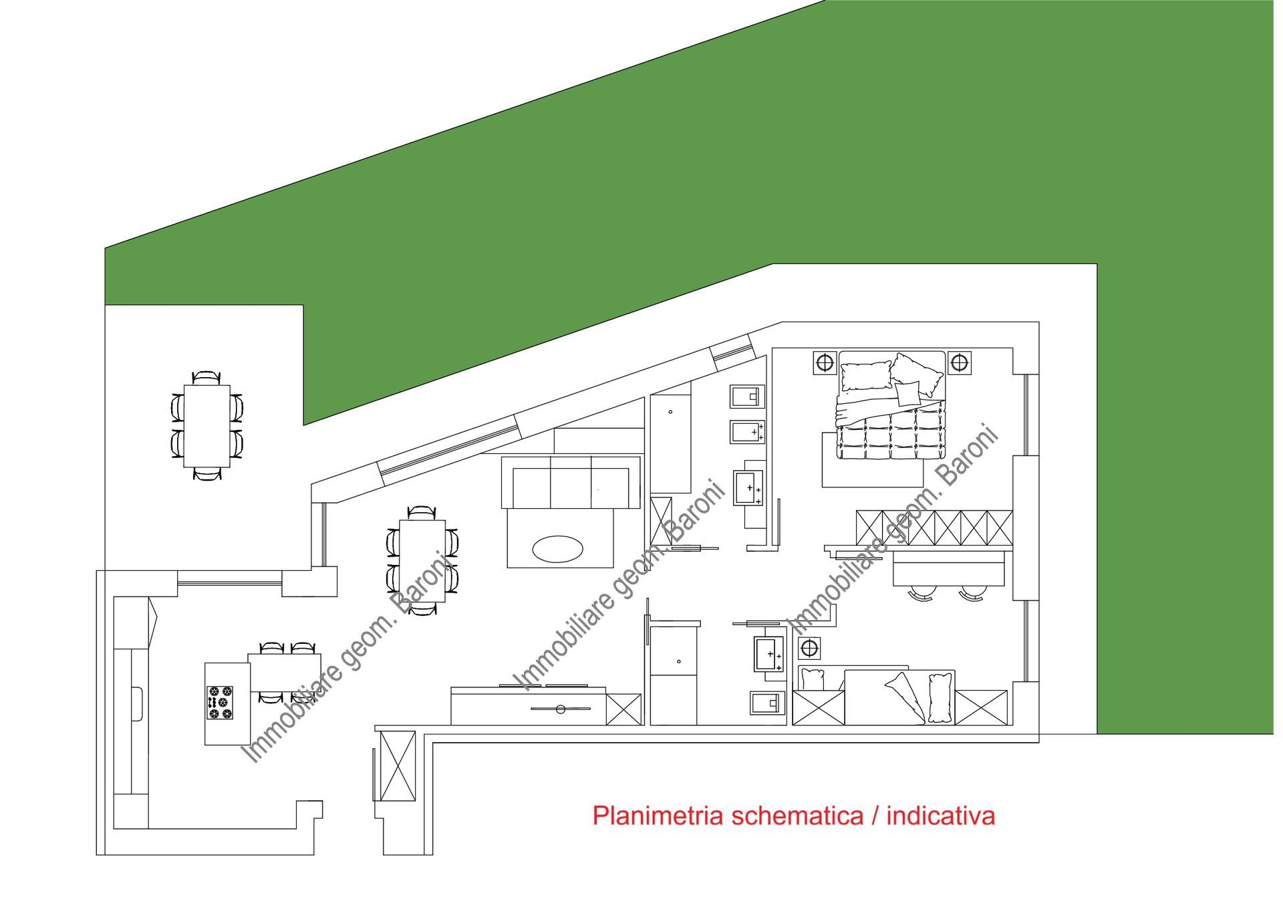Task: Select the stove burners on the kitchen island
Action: click(220, 703)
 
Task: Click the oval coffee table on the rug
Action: click(557, 549)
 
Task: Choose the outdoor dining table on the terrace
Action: click(206, 426)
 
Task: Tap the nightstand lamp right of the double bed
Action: click(959, 362)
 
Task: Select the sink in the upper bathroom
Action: click(748, 487)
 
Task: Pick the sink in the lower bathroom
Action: click(769, 653)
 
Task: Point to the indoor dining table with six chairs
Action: click(422, 560)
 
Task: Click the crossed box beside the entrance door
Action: click(397, 766)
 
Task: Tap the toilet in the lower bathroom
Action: click(765, 703)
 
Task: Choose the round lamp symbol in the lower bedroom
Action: click(809, 647)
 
